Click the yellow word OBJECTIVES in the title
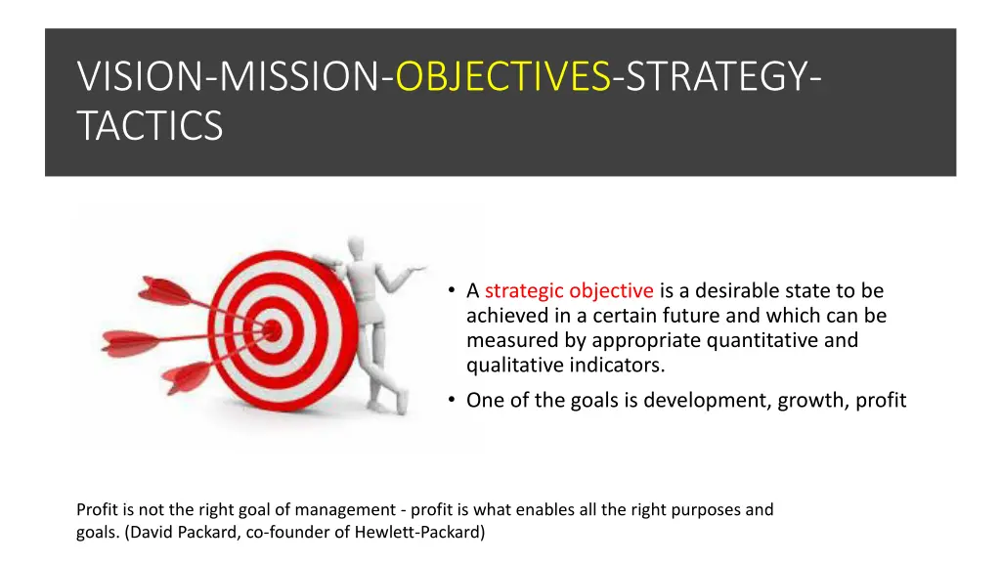click(503, 76)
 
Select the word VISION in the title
click(139, 76)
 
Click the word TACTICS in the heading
click(150, 126)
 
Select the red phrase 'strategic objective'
click(569, 290)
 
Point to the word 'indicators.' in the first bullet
click(614, 366)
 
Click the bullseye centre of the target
click(272, 329)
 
